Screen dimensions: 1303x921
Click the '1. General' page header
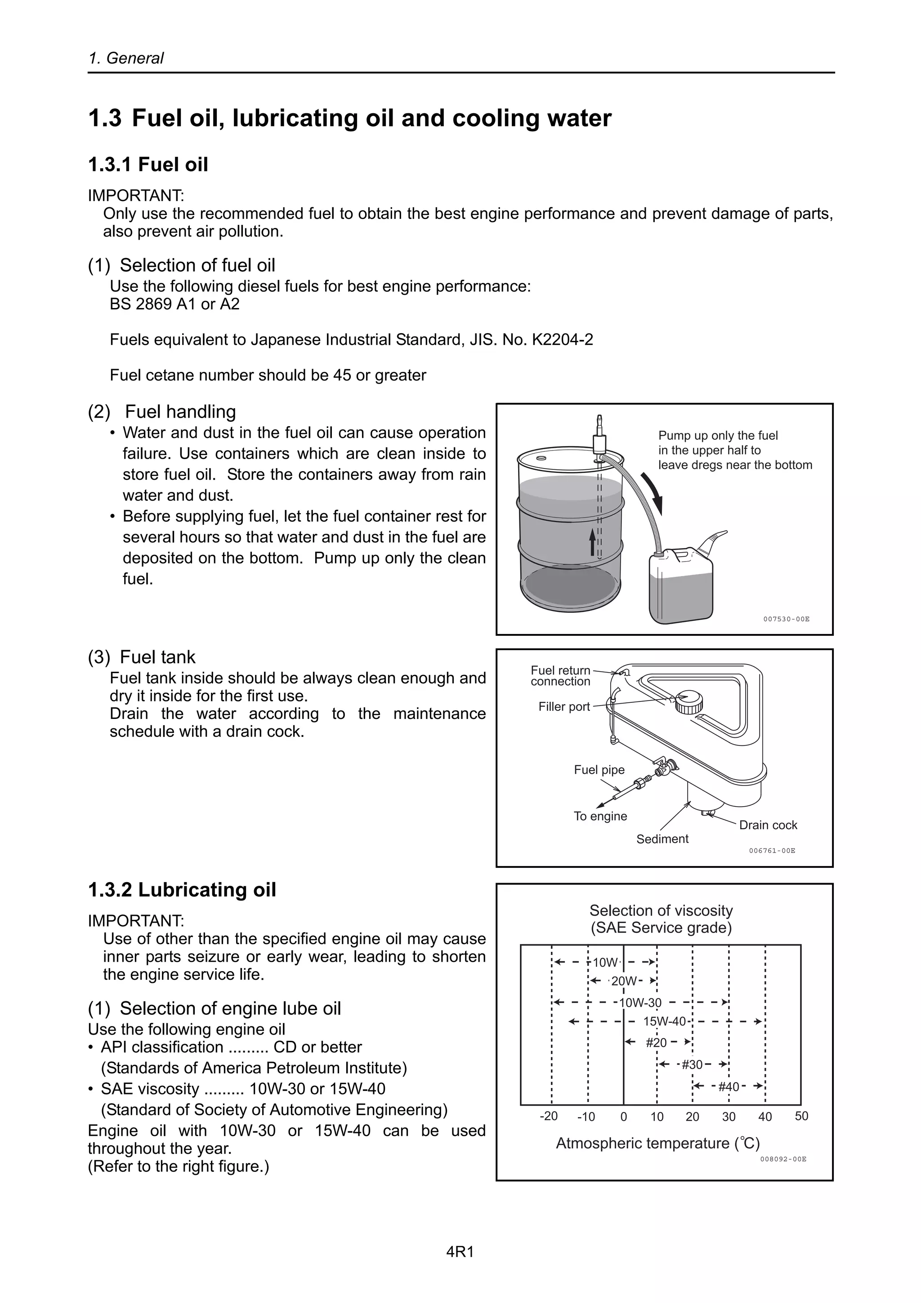(x=126, y=58)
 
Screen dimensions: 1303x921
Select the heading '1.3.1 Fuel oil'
(x=148, y=165)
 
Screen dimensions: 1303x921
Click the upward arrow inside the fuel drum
(x=592, y=542)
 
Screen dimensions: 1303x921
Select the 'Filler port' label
(x=564, y=706)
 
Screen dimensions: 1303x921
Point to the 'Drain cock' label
(x=767, y=825)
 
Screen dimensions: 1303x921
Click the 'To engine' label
(x=600, y=816)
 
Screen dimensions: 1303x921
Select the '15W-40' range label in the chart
(x=664, y=1022)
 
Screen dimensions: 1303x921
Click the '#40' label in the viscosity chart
(x=728, y=1087)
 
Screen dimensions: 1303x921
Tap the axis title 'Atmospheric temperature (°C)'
(x=657, y=1143)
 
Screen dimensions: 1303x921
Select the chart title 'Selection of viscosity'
(x=661, y=910)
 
